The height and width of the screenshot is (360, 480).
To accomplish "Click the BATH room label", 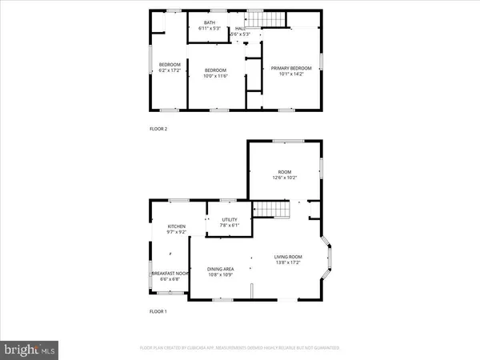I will [210, 22].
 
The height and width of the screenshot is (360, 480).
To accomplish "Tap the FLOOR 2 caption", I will [159, 129].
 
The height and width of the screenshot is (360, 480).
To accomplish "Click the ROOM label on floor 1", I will [284, 172].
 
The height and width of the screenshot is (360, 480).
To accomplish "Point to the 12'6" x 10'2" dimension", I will [284, 178].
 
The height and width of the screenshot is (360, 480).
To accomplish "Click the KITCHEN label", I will [176, 226].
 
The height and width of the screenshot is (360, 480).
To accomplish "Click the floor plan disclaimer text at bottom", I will [240, 349].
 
